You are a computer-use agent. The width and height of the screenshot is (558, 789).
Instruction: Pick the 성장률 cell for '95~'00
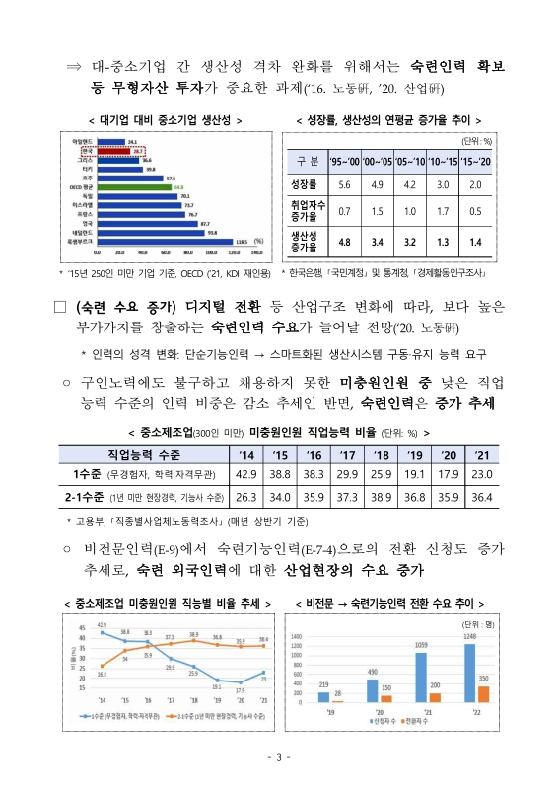point(345,184)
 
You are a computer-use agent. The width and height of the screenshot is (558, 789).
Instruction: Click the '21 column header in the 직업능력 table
point(481,453)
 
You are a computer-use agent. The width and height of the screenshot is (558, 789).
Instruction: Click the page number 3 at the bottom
point(279,757)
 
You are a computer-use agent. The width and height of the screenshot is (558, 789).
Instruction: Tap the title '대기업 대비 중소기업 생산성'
point(151,120)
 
